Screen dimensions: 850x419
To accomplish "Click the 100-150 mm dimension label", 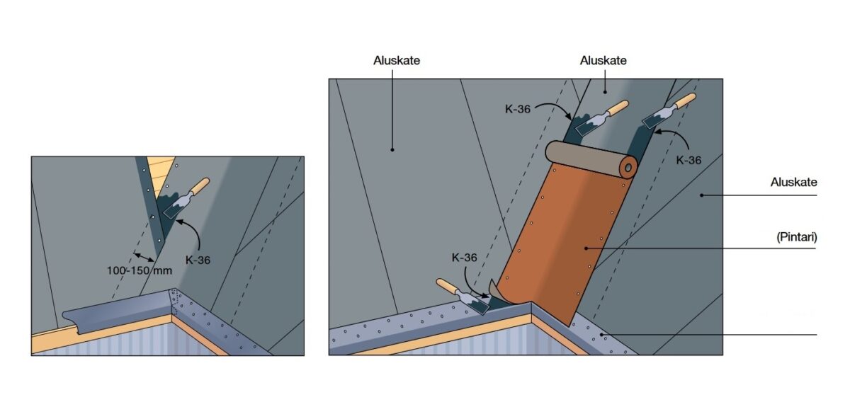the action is [x=140, y=270].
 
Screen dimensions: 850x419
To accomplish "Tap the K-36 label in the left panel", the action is [x=198, y=260].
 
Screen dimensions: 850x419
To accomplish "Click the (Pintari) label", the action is [x=796, y=237].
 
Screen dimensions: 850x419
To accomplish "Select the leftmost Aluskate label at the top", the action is [x=397, y=61].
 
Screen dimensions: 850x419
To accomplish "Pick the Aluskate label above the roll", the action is [x=603, y=61].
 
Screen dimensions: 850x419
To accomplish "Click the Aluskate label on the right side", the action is [x=793, y=183].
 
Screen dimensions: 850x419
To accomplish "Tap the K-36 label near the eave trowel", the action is [x=464, y=258].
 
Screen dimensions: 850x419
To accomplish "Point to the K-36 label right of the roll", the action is [x=688, y=161].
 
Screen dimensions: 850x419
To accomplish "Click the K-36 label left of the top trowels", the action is [x=518, y=109].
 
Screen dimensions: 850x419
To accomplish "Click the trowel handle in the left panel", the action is [x=200, y=187].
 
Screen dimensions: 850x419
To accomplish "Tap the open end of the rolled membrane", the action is [x=628, y=168].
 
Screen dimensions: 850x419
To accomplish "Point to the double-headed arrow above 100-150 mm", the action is [x=144, y=257].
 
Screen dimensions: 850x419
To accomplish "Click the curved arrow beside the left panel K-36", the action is [x=190, y=234].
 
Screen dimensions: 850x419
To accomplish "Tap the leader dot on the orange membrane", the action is [x=586, y=248].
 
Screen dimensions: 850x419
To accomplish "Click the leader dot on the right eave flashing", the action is [x=601, y=335].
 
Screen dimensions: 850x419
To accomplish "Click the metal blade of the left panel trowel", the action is [x=176, y=208].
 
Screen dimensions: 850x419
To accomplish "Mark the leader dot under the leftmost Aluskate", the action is [x=392, y=150].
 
